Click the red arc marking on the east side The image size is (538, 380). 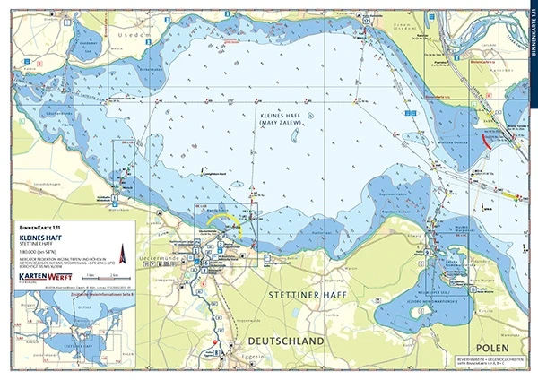click(x=485, y=141)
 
